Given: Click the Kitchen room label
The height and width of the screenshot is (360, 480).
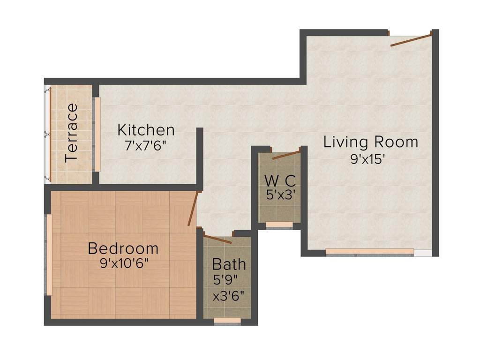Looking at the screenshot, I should pyautogui.click(x=146, y=130).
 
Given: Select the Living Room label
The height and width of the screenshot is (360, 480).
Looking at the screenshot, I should pyautogui.click(x=370, y=142).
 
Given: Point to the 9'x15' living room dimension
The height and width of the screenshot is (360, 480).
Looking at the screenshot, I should pyautogui.click(x=368, y=159).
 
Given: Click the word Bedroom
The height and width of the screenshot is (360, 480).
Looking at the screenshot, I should pyautogui.click(x=123, y=248).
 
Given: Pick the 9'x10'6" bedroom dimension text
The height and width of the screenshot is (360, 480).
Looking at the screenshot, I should pyautogui.click(x=124, y=263).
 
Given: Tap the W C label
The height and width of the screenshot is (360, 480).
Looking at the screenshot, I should pyautogui.click(x=279, y=180).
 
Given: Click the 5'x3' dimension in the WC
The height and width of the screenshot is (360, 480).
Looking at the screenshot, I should pyautogui.click(x=280, y=195).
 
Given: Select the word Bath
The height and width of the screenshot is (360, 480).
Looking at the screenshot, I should pyautogui.click(x=229, y=264).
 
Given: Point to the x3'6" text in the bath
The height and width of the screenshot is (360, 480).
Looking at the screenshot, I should pyautogui.click(x=228, y=296).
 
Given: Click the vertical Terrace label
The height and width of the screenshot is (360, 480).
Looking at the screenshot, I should pyautogui.click(x=72, y=133).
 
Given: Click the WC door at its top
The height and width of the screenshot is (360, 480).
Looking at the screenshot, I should pyautogui.click(x=286, y=155).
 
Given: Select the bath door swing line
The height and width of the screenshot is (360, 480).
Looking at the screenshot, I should pyautogui.click(x=217, y=238).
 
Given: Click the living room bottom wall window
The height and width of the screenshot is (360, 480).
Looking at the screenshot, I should pyautogui.click(x=369, y=252).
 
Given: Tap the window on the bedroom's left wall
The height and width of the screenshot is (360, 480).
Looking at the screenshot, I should pyautogui.click(x=49, y=255).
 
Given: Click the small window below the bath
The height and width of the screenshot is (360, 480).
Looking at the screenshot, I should pyautogui.click(x=227, y=321).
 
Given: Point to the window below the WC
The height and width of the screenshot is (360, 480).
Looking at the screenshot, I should pyautogui.click(x=279, y=225).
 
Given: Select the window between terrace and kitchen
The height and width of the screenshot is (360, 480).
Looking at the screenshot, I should pyautogui.click(x=97, y=134).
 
